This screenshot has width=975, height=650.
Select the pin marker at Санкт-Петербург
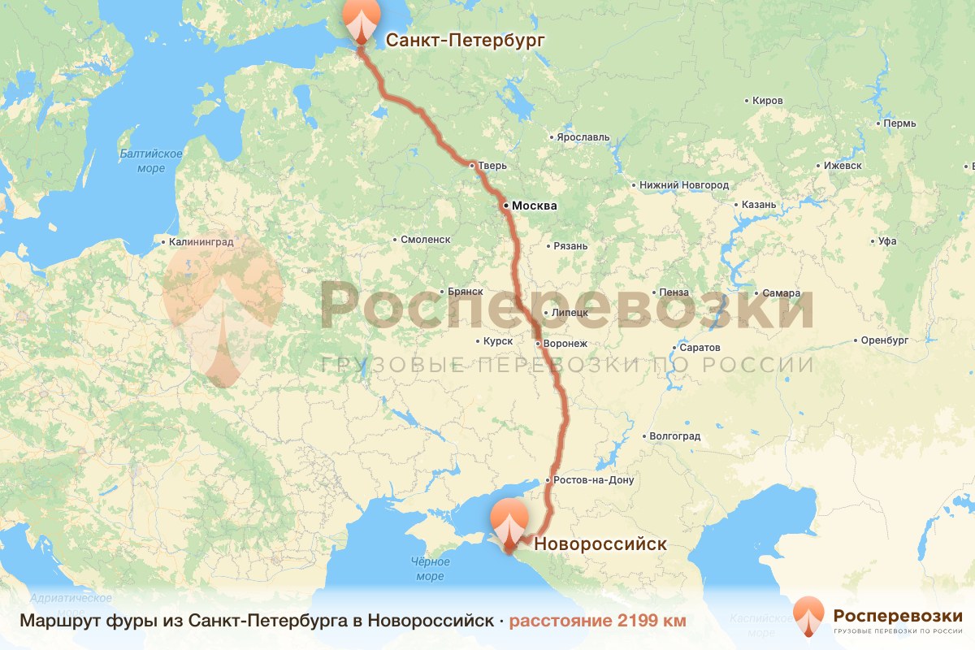361,21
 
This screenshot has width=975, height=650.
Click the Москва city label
534,206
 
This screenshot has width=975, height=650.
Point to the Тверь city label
492,166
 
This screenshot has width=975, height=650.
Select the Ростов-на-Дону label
594,480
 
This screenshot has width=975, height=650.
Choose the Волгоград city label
674,436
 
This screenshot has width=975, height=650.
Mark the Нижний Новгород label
683,185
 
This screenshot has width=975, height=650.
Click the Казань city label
759,205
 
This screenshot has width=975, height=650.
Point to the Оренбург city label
885,340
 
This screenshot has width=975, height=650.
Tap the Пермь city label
900,123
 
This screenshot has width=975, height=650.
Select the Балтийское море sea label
150,161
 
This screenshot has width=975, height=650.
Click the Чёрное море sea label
430,569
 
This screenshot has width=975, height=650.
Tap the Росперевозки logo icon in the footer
808,616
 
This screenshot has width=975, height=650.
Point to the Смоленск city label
426,240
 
